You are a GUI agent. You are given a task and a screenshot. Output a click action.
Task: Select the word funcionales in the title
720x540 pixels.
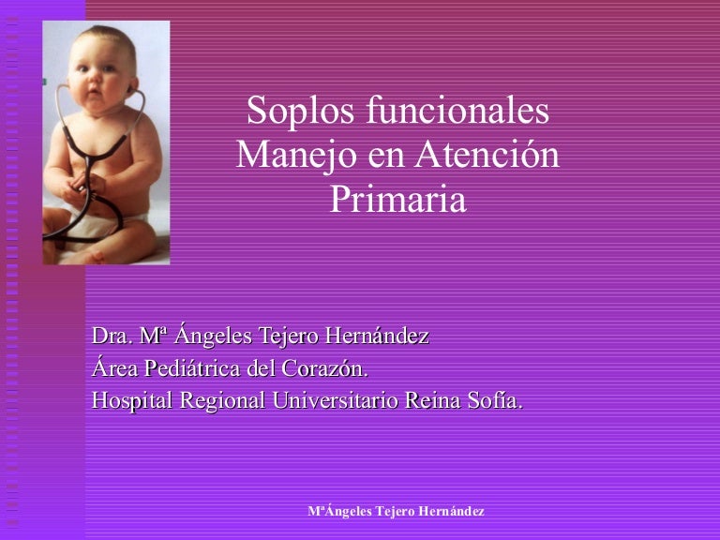coord(457,111)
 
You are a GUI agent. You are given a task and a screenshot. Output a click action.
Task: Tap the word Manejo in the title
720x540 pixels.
coord(296,157)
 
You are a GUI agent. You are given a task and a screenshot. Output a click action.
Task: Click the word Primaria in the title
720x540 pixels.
coord(398,200)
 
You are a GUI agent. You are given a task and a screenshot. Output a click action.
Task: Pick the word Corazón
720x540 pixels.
coord(324,367)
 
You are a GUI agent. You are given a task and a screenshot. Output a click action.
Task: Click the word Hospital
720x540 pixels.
coord(132,400)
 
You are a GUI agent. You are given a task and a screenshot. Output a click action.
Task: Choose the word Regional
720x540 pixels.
coord(222,400)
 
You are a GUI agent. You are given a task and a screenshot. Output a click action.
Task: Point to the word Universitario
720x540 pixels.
coord(336,400)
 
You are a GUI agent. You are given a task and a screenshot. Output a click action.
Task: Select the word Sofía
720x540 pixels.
coord(495,400)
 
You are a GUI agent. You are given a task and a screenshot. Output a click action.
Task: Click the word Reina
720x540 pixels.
coord(432,400)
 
